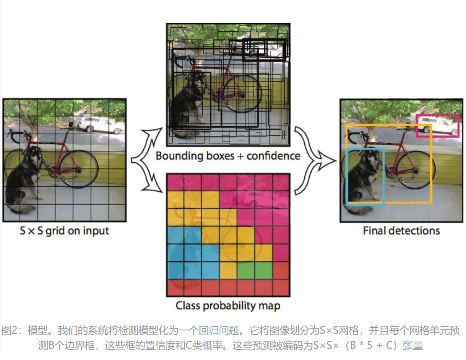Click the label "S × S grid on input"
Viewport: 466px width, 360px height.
64,231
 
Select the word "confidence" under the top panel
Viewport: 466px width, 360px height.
273,156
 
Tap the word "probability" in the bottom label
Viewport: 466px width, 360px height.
229,306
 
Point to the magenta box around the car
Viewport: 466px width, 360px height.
437,115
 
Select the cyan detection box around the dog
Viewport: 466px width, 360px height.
347,175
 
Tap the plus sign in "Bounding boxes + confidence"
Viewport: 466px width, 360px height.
240,156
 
